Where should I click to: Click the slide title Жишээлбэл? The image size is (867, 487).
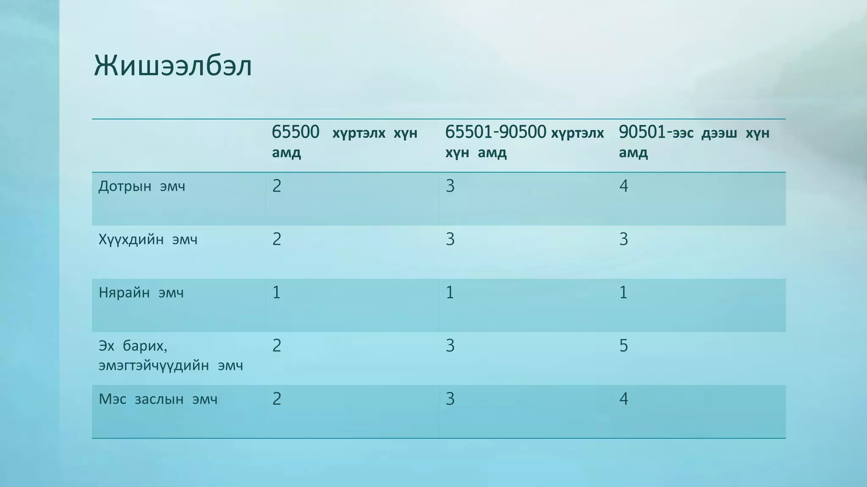173,66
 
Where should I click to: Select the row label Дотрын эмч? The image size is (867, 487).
142,186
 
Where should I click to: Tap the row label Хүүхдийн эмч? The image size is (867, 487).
148,240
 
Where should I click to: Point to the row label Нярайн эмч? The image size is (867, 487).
141,293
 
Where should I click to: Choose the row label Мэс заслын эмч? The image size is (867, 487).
158,399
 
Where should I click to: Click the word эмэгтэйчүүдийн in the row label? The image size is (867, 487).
154,365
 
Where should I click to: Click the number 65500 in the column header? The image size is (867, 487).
295,132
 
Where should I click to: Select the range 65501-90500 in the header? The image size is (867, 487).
495,132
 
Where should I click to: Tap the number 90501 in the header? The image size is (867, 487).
642,132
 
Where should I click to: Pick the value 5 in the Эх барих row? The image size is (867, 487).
624,346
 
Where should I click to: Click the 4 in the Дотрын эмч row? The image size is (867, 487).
624,186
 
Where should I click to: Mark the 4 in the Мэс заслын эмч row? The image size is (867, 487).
624,399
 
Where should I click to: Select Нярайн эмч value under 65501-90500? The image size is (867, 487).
450,293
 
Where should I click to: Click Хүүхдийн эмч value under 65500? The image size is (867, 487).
276,239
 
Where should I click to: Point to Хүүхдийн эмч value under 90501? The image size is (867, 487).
624,239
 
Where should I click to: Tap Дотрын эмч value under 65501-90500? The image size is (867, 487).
450,186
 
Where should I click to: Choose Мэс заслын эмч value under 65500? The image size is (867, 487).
276,399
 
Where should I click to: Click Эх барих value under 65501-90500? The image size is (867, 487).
450,346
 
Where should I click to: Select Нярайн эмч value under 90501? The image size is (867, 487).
624,293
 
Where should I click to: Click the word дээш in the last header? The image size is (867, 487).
719,134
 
